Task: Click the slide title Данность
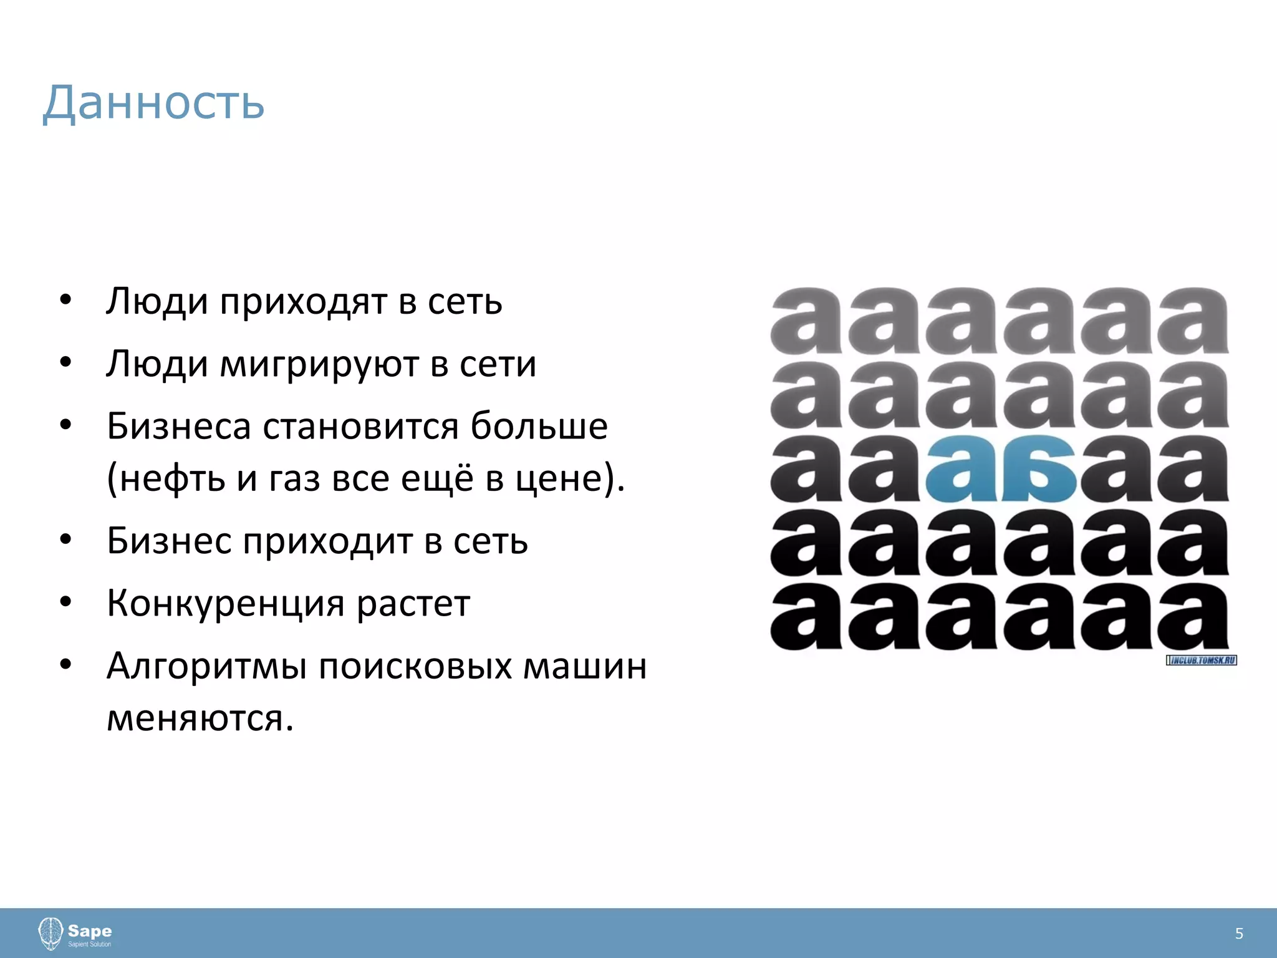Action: click(153, 102)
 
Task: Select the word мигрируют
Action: click(319, 365)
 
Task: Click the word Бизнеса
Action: click(178, 427)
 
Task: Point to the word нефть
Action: click(172, 479)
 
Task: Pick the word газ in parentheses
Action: click(294, 479)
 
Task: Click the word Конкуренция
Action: click(225, 604)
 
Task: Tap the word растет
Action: click(413, 604)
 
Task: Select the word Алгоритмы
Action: click(206, 667)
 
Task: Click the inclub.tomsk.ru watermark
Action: click(1201, 660)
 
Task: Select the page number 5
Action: click(1239, 934)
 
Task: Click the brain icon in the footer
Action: click(51, 933)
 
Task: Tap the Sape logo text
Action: click(90, 931)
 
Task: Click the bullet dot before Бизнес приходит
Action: click(66, 539)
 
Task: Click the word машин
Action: click(584, 667)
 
